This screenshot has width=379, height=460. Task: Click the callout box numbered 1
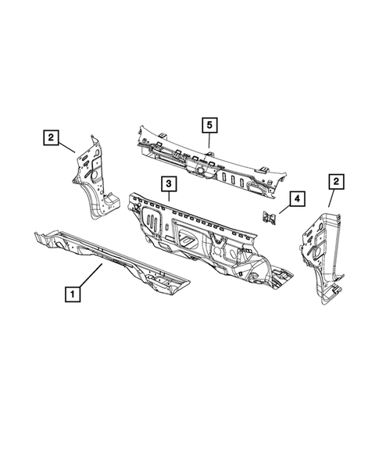[x=71, y=294]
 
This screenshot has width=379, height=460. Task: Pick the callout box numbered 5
[x=209, y=124]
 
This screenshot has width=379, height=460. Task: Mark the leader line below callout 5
[x=209, y=141]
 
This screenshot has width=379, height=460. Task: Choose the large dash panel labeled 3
[x=203, y=234]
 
